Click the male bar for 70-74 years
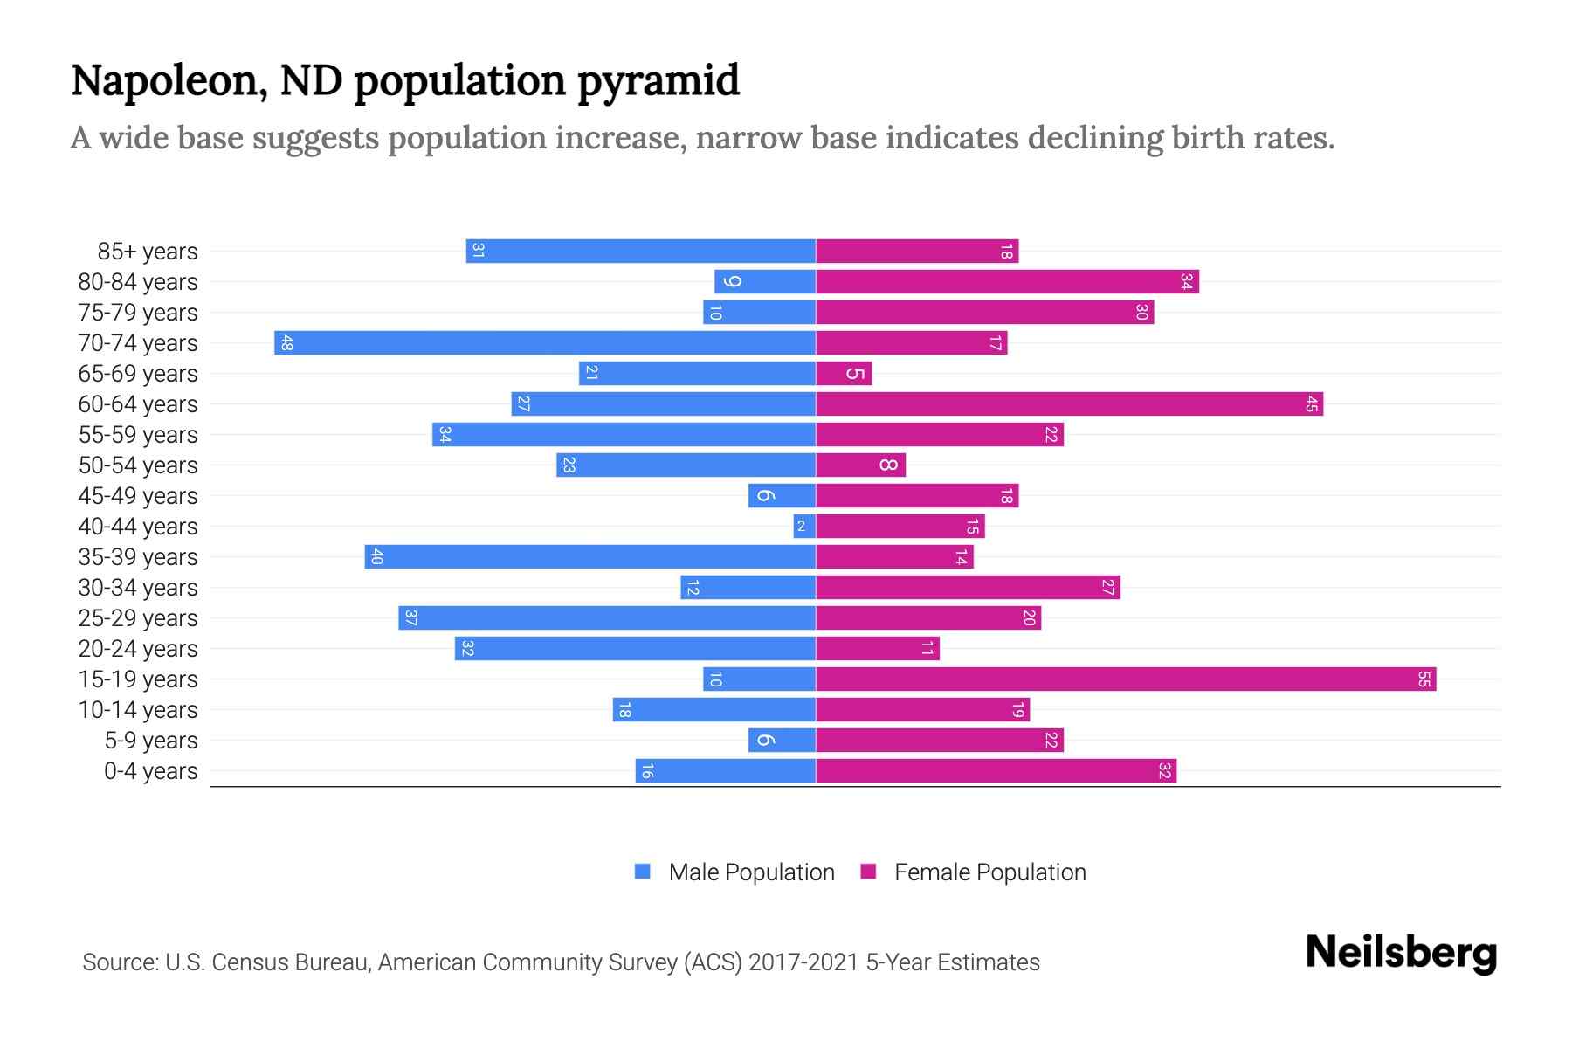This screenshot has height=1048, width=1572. tap(545, 343)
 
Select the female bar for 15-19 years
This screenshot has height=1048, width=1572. tap(1126, 679)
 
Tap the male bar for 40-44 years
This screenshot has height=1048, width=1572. tap(804, 527)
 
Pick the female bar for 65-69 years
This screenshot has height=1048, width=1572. tap(844, 374)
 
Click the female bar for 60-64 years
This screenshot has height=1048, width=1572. tap(1069, 404)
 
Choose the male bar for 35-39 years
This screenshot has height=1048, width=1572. tap(590, 557)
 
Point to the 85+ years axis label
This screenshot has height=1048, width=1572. tap(148, 252)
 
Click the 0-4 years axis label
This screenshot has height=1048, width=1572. tap(150, 771)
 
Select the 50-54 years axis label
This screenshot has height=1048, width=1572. tap(138, 465)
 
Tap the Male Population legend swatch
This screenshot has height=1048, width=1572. tap(643, 872)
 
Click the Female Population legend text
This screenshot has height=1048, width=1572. tap(989, 872)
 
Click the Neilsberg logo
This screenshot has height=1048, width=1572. tap(1401, 953)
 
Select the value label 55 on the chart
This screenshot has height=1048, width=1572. tap(1424, 679)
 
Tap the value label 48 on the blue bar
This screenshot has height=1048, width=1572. tap(286, 343)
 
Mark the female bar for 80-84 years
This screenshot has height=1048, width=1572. tap(1007, 282)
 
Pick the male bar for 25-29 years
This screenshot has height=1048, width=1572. tap(607, 618)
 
